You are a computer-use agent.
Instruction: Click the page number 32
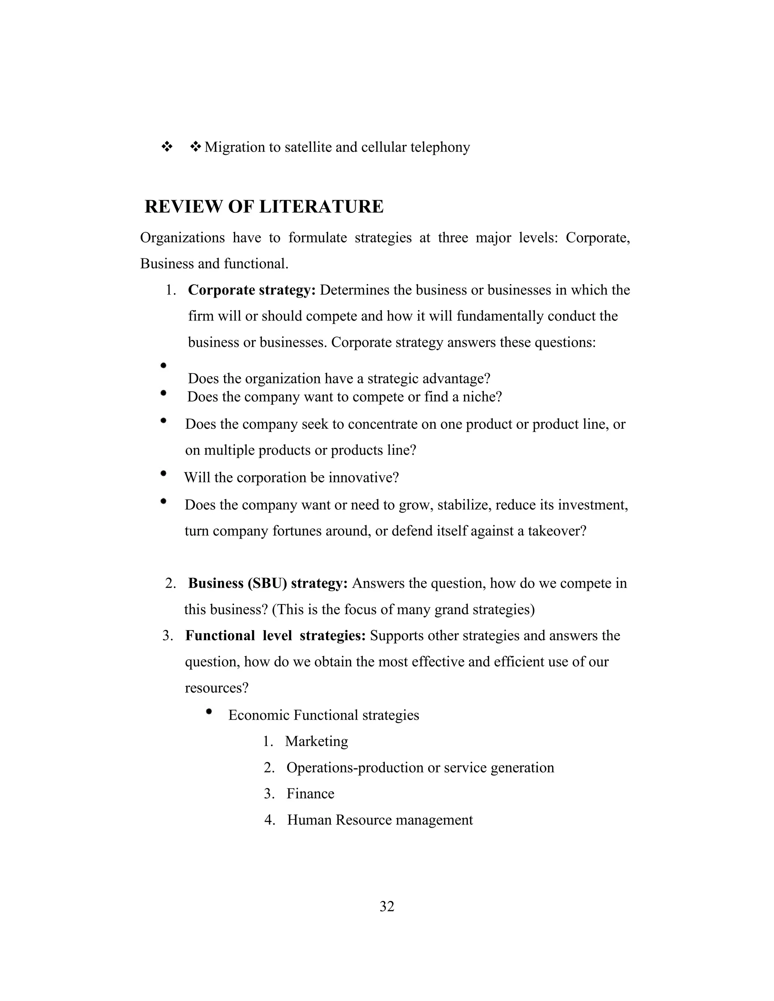[387, 906]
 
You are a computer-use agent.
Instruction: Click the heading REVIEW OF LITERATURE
[264, 207]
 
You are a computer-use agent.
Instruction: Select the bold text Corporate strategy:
[252, 290]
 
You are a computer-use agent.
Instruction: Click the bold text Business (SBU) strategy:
[268, 584]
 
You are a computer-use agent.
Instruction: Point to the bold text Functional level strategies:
[275, 636]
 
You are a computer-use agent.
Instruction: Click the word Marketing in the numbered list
[316, 741]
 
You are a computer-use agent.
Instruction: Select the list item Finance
[310, 793]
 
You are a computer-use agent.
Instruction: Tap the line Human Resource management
[380, 820]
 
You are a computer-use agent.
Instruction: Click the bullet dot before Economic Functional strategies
[209, 712]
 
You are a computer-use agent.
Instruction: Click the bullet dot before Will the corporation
[163, 474]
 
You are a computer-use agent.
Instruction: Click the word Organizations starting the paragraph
[183, 238]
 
